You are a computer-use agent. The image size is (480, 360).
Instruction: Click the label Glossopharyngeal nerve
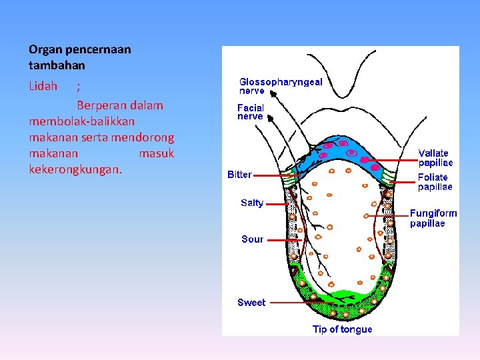tap(281, 86)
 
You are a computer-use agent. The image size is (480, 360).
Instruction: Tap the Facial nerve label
tap(251, 111)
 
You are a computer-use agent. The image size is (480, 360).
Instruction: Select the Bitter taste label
tap(239, 175)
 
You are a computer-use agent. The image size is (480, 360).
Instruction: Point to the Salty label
tap(252, 203)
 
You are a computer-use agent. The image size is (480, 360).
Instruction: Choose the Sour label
tap(252, 239)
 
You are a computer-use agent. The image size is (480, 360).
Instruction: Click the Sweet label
tap(251, 303)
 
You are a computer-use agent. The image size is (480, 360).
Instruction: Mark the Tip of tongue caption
tap(342, 329)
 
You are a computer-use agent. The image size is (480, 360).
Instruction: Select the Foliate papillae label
tap(435, 182)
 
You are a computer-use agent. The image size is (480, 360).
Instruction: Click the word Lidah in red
tap(43, 86)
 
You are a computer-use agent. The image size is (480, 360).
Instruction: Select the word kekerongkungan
tap(75, 169)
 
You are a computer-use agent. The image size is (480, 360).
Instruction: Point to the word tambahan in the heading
tap(57, 66)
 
